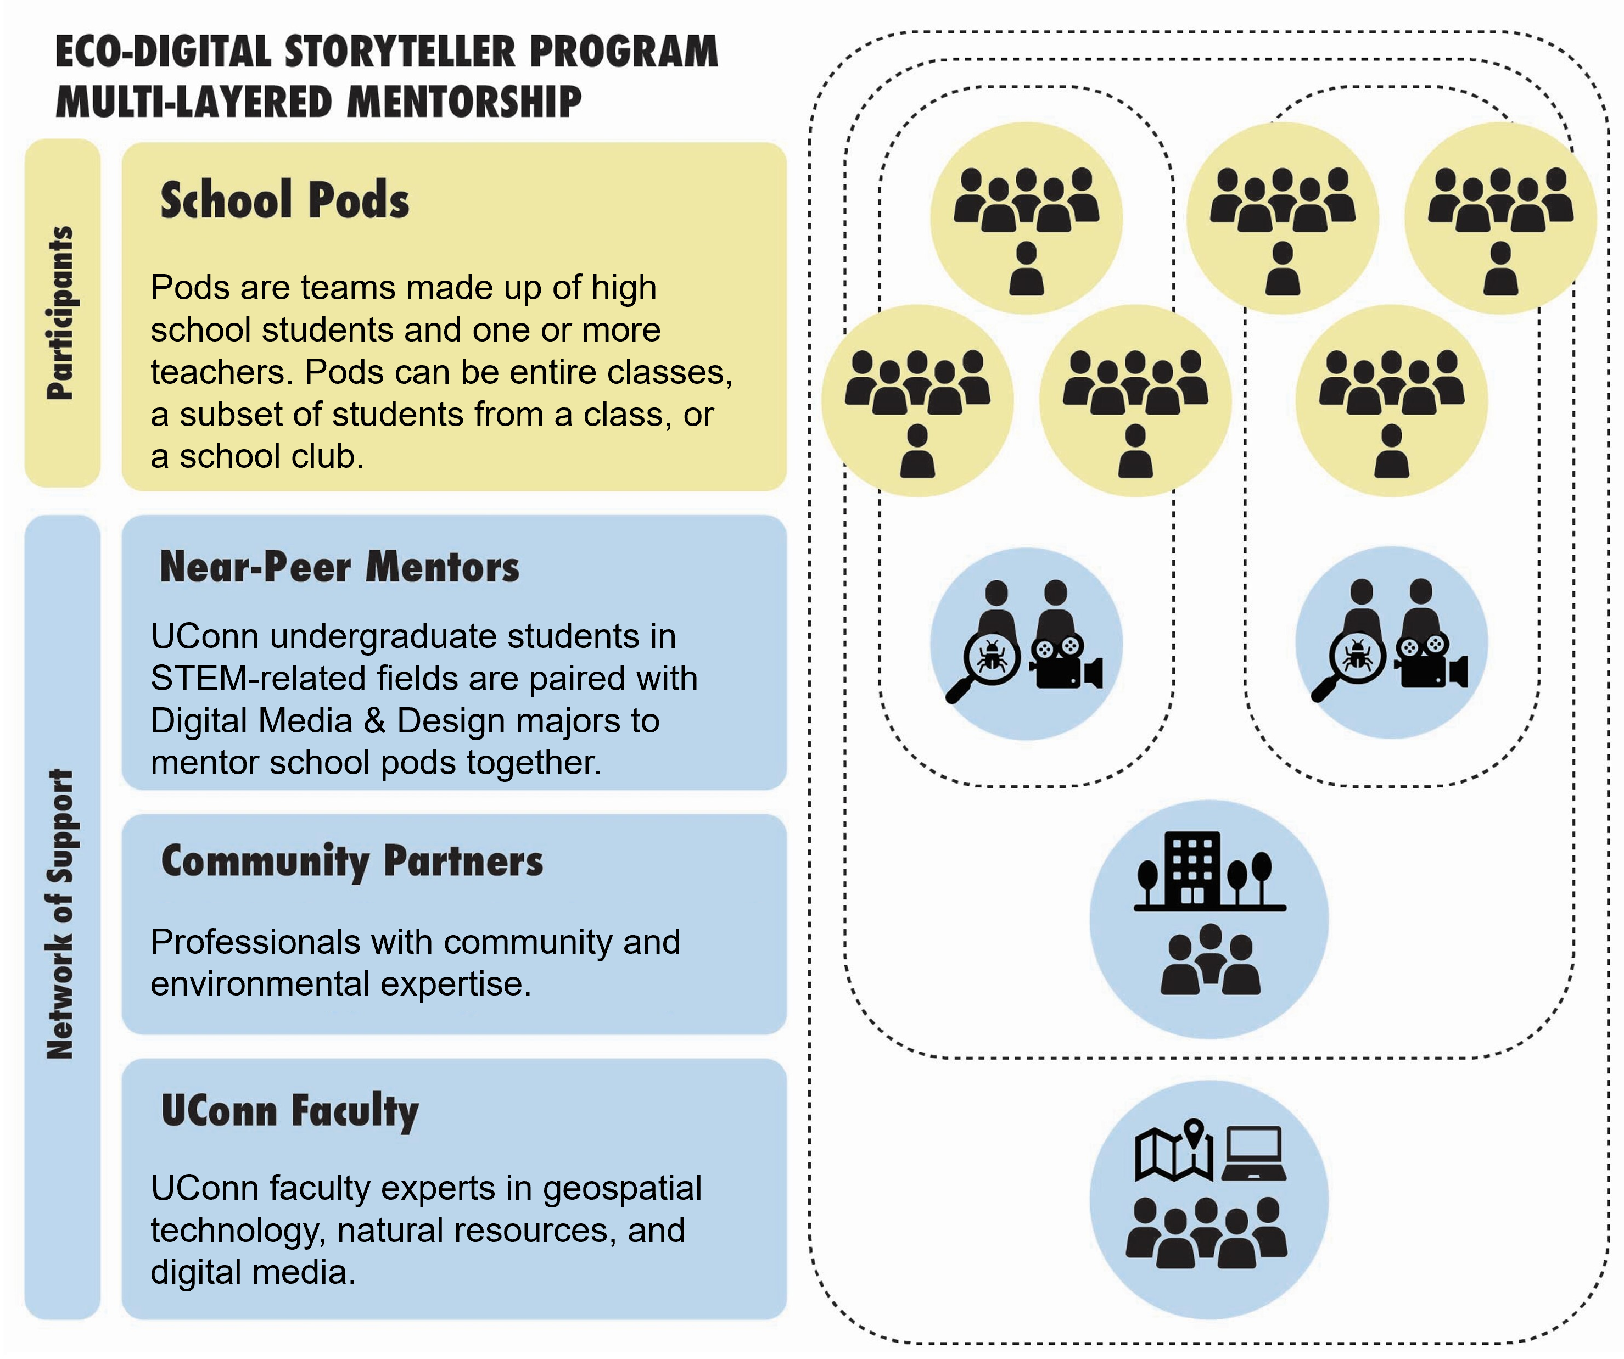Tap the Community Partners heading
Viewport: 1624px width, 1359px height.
click(x=352, y=862)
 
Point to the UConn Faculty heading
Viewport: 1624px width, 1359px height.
click(x=290, y=1111)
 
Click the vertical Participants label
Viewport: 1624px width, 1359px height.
click(x=60, y=312)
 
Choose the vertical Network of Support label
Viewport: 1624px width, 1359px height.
click(x=60, y=914)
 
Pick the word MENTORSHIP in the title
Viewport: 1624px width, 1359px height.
click(x=464, y=102)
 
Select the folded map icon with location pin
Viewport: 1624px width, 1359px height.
click(x=1174, y=1150)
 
